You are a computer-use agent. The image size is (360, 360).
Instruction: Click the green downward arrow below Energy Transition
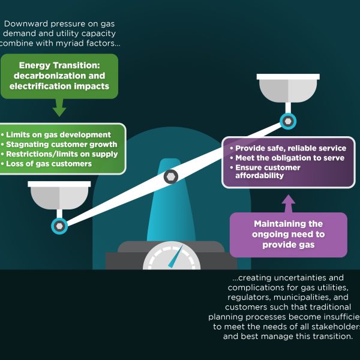(59, 108)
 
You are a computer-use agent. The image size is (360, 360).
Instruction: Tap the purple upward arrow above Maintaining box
(289, 203)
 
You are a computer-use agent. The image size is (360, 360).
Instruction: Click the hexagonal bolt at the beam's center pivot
(171, 176)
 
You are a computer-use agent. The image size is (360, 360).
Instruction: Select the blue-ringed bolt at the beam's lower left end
(59, 226)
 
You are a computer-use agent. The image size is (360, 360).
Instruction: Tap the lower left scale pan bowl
(59, 196)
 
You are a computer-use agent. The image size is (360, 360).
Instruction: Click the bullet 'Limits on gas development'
(57, 135)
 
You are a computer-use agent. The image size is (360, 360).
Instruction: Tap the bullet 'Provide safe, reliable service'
(290, 148)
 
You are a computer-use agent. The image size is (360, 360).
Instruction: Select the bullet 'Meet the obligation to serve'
(289, 158)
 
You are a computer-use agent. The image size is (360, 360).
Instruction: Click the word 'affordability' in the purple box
(259, 176)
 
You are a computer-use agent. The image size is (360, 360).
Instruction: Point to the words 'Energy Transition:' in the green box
(59, 65)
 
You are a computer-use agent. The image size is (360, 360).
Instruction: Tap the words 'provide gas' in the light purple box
(288, 245)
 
